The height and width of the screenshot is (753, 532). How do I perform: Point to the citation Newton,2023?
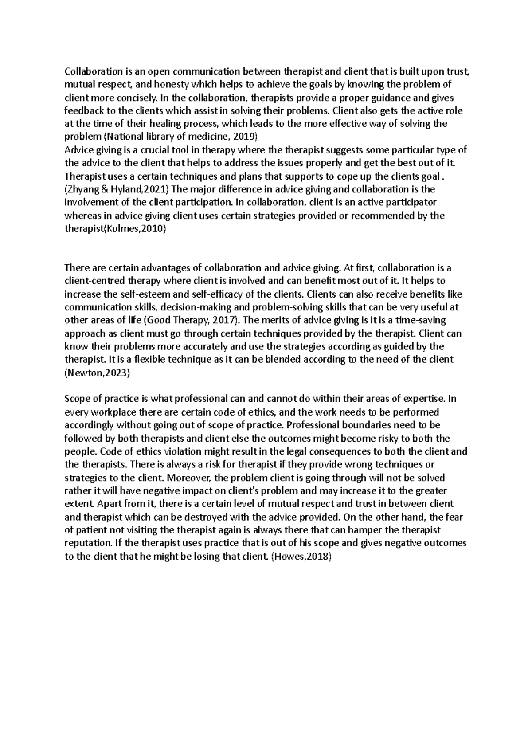(x=97, y=373)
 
